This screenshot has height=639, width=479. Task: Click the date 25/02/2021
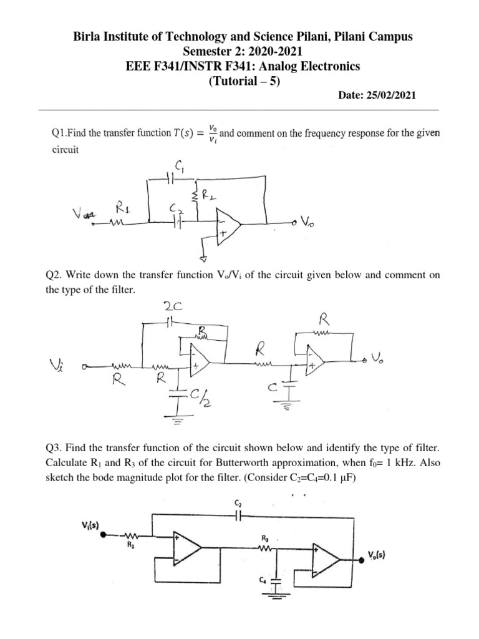[386, 95]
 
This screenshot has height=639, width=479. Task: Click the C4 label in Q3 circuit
[263, 582]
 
